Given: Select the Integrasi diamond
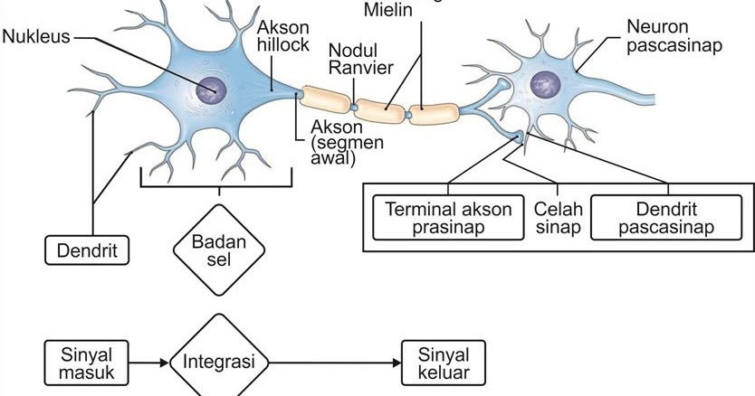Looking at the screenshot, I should pos(219,363).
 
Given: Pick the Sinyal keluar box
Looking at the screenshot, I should pos(444,363).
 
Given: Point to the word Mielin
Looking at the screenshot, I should pos(390,11).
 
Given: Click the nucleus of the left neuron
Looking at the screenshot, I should pos(213,89).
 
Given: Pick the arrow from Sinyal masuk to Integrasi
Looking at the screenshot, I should pos(149,363).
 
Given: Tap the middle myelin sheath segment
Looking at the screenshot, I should pos(380,108).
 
